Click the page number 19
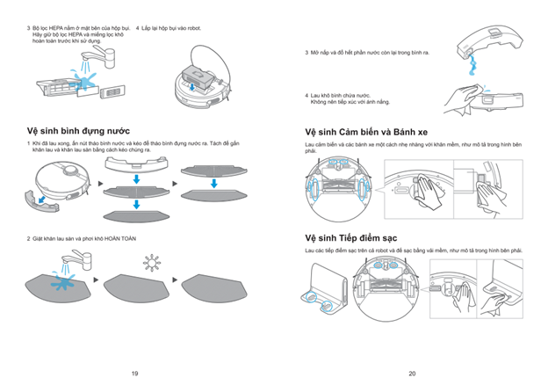134,374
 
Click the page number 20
412,374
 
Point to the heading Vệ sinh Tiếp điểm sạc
350,237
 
